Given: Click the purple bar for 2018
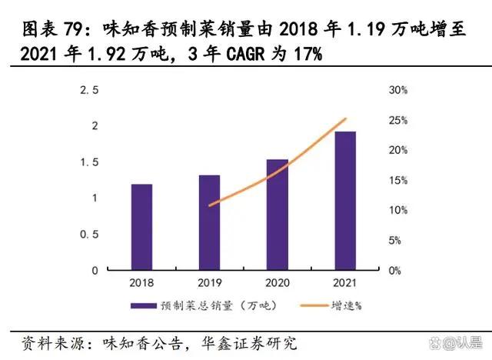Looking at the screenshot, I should [141, 227].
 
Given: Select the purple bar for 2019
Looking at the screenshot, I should [209, 222].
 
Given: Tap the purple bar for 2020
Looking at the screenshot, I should [277, 215].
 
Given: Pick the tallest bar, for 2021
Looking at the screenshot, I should [344, 201].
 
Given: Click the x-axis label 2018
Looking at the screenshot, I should [141, 282].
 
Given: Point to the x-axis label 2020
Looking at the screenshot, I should [277, 282].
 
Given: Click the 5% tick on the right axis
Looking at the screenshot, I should [396, 240].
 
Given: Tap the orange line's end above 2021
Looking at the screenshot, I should [346, 118].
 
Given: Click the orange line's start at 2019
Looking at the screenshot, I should [209, 205].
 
